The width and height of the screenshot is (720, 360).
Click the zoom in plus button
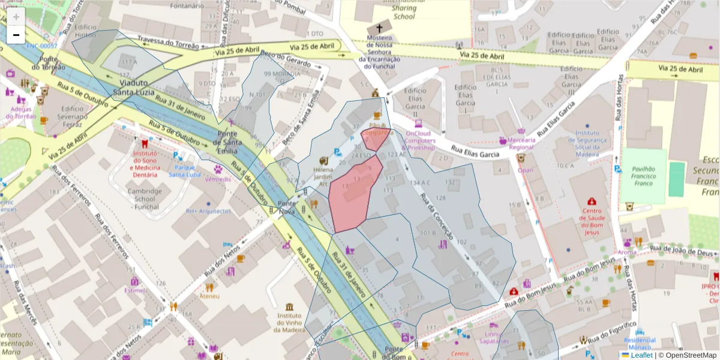pyautogui.click(x=16, y=17)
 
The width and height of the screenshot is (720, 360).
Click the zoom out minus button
pyautogui.click(x=16, y=35)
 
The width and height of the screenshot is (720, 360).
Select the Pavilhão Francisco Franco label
pyautogui.click(x=643, y=176)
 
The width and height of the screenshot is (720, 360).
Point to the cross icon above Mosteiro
pyautogui.click(x=379, y=28)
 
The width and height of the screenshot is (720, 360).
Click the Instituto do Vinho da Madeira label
pyautogui.click(x=289, y=322)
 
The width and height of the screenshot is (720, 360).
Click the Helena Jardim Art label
pyautogui.click(x=323, y=177)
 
